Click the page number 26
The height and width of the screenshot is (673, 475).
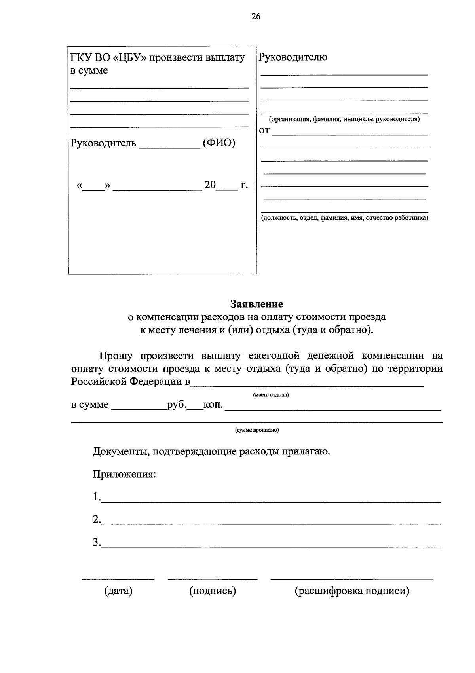[255, 17]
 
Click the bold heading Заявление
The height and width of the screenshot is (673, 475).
[257, 304]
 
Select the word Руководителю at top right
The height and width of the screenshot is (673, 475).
[293, 57]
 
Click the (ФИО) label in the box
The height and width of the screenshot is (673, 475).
[219, 143]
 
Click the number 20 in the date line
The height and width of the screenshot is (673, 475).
[210, 185]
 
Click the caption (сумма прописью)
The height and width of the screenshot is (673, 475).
[257, 430]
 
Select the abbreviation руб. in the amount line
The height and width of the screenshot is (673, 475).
[177, 405]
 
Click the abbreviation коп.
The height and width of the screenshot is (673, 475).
[213, 405]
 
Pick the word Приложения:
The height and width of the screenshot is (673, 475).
[124, 474]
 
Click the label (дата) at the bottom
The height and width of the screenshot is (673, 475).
[118, 591]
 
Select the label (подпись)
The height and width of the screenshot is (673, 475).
[213, 591]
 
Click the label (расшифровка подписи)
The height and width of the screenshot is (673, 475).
[352, 591]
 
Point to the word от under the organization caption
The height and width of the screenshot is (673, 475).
[264, 131]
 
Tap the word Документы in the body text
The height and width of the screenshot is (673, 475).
[120, 451]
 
